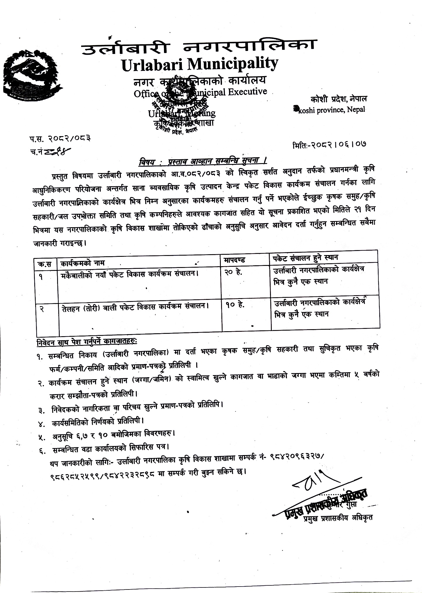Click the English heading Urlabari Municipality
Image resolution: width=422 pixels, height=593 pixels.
pyautogui.click(x=200, y=64)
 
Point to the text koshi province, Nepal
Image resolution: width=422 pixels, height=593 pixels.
pyautogui.click(x=329, y=110)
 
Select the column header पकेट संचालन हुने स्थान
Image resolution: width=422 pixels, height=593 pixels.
pyautogui.click(x=305, y=258)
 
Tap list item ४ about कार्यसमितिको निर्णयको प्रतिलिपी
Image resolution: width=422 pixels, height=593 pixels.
pyautogui.click(x=98, y=421)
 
